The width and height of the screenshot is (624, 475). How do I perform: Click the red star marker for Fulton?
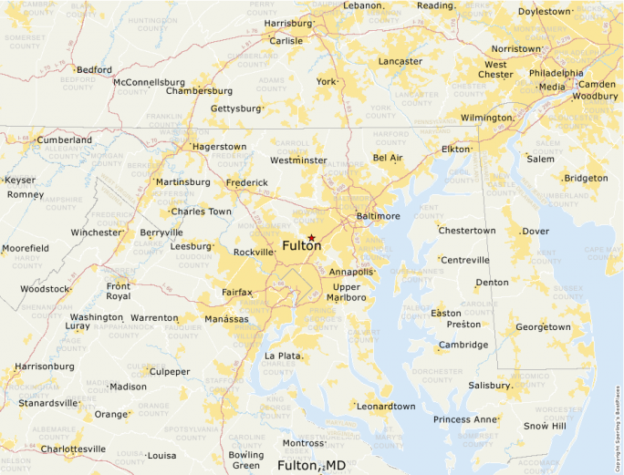click(312, 237)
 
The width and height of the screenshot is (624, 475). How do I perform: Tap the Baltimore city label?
click(379, 216)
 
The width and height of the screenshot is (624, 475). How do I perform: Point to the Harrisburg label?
click(287, 23)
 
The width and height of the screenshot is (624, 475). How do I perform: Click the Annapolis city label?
click(351, 272)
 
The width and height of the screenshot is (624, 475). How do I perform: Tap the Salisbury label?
click(490, 385)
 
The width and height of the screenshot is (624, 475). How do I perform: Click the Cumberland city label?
click(64, 139)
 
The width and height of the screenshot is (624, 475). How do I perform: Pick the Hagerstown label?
click(219, 146)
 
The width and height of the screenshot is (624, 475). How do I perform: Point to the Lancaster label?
click(400, 62)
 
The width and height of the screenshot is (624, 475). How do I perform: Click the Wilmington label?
click(486, 118)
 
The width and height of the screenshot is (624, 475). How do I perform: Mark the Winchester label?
click(96, 232)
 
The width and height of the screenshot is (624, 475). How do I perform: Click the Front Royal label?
click(119, 291)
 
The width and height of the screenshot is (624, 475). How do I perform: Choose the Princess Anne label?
click(466, 419)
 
